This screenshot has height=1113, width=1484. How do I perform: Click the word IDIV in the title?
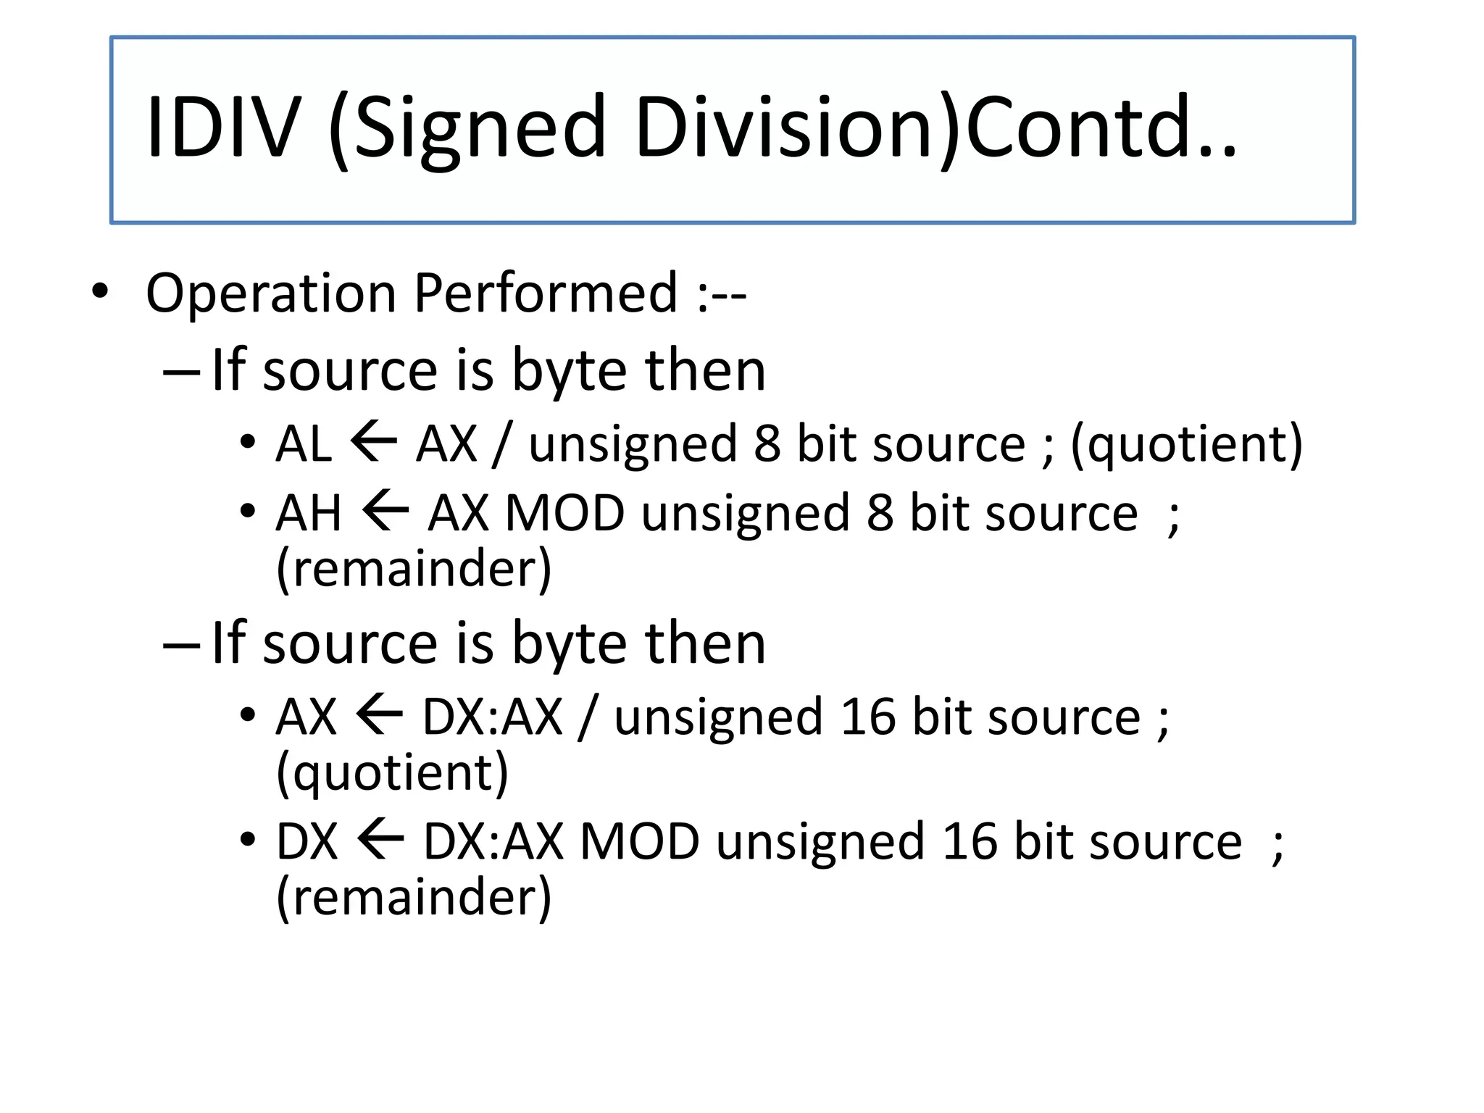[x=222, y=128]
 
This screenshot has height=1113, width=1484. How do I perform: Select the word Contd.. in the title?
[x=1101, y=128]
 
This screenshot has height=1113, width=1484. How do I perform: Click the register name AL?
[x=303, y=443]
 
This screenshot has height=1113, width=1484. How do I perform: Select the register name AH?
[x=308, y=513]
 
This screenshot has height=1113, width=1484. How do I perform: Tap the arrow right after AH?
[x=385, y=511]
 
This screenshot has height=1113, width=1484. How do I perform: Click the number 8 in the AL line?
[x=767, y=443]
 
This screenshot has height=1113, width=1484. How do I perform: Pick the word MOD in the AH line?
[x=564, y=513]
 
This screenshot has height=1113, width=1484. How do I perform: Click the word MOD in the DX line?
[x=639, y=842]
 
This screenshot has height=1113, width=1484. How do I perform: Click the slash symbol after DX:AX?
[x=588, y=717]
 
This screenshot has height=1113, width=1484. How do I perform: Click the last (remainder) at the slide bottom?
[x=414, y=898]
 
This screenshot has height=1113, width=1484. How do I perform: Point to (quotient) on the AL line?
[x=1186, y=445]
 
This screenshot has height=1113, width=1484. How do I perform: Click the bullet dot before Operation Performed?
[x=100, y=292]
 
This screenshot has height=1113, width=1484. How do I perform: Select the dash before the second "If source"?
[x=181, y=645]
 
